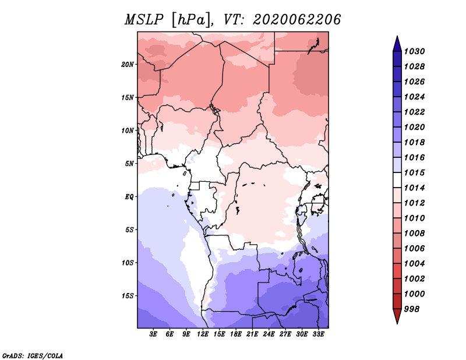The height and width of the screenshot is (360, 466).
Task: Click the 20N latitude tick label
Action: click(x=128, y=65)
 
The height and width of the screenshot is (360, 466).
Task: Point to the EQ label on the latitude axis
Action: click(x=129, y=197)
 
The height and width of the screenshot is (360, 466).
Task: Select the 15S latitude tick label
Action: click(x=128, y=296)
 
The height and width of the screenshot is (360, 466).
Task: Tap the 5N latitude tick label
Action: click(x=129, y=164)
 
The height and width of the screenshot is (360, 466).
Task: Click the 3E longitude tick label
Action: click(x=153, y=334)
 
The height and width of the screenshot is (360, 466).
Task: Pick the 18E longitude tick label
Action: click(x=236, y=334)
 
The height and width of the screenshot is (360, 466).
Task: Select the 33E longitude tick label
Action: click(x=318, y=334)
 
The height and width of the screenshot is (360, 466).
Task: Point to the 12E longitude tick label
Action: click(x=203, y=334)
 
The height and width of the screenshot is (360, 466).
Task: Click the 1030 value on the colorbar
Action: click(x=414, y=51)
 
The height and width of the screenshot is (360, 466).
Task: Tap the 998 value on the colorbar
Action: click(x=412, y=309)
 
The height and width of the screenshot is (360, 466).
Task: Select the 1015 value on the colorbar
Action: click(x=414, y=172)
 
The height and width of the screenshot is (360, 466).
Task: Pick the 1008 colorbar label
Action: click(x=414, y=234)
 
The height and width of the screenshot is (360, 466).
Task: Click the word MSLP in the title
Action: click(x=144, y=20)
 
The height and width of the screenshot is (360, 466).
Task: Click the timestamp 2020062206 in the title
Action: click(x=296, y=20)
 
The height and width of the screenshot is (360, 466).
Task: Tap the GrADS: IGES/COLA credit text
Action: click(x=33, y=355)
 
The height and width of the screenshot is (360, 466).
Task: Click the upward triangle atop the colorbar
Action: click(x=397, y=44)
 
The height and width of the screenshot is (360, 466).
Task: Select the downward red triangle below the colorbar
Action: click(x=397, y=316)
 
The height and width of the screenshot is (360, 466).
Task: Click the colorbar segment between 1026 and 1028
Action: click(x=397, y=75)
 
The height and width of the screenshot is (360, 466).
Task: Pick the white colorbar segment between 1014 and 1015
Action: click(x=397, y=180)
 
